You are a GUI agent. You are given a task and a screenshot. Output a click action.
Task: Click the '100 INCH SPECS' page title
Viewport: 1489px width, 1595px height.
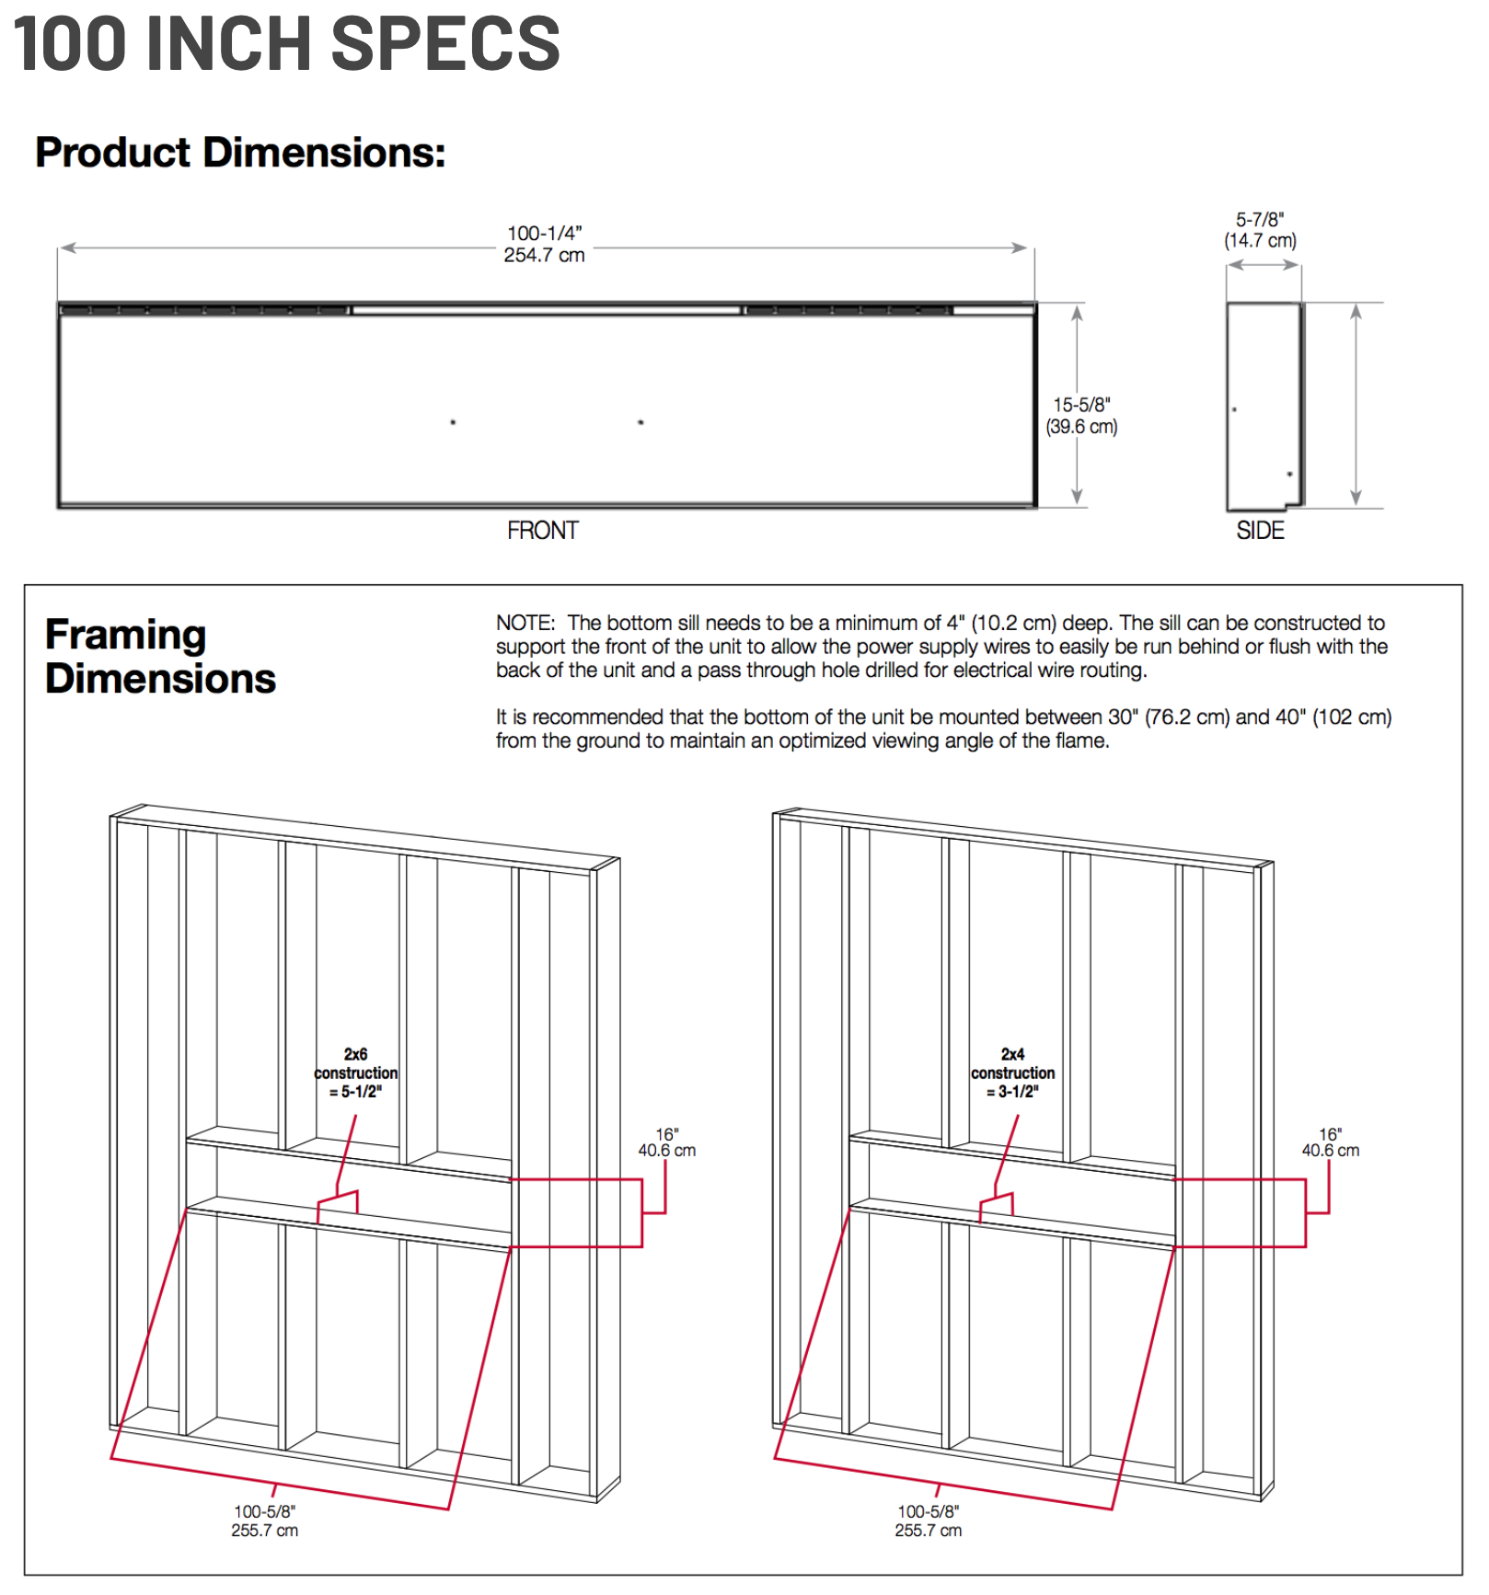click(x=286, y=43)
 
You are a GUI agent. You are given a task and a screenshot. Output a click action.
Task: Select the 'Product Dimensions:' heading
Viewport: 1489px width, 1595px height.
click(x=240, y=153)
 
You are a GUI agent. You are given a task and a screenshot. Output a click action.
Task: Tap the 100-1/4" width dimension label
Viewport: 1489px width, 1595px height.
click(x=544, y=245)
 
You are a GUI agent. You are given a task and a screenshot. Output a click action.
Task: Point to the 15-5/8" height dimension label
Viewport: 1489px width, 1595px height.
click(x=1081, y=416)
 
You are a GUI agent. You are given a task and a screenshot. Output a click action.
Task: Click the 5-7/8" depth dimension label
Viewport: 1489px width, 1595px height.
click(x=1260, y=230)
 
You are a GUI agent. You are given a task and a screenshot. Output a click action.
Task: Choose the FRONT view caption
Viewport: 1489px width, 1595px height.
click(x=542, y=531)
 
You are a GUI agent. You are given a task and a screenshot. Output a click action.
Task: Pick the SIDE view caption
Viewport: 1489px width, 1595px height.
click(x=1260, y=531)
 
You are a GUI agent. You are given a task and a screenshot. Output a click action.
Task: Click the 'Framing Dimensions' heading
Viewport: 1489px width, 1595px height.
click(x=160, y=657)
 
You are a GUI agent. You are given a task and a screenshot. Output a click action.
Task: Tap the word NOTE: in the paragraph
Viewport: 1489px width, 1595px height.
click(x=525, y=624)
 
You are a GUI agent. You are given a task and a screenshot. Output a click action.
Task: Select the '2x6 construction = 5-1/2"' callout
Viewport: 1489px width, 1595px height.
click(x=356, y=1073)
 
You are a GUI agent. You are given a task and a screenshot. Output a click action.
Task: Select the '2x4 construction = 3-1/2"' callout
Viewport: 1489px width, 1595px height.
click(x=1012, y=1073)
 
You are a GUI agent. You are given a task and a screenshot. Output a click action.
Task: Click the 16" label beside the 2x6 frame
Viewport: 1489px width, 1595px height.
click(x=667, y=1142)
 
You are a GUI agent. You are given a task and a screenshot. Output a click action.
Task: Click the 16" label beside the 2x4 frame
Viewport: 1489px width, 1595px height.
click(x=1330, y=1142)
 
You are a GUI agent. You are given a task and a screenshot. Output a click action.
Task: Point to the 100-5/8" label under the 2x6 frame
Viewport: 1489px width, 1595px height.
click(x=265, y=1520)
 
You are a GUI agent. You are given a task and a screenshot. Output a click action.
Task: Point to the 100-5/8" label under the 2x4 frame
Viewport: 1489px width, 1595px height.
click(x=929, y=1520)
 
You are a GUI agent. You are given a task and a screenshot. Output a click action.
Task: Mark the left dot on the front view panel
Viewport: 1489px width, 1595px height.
click(x=453, y=422)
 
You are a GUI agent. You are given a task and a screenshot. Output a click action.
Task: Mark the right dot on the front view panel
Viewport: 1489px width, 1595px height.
click(x=641, y=422)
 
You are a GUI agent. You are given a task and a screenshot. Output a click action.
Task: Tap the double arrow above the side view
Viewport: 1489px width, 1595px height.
click(x=1264, y=265)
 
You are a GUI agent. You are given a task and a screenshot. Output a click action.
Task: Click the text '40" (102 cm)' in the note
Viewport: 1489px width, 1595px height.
click(x=1333, y=717)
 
